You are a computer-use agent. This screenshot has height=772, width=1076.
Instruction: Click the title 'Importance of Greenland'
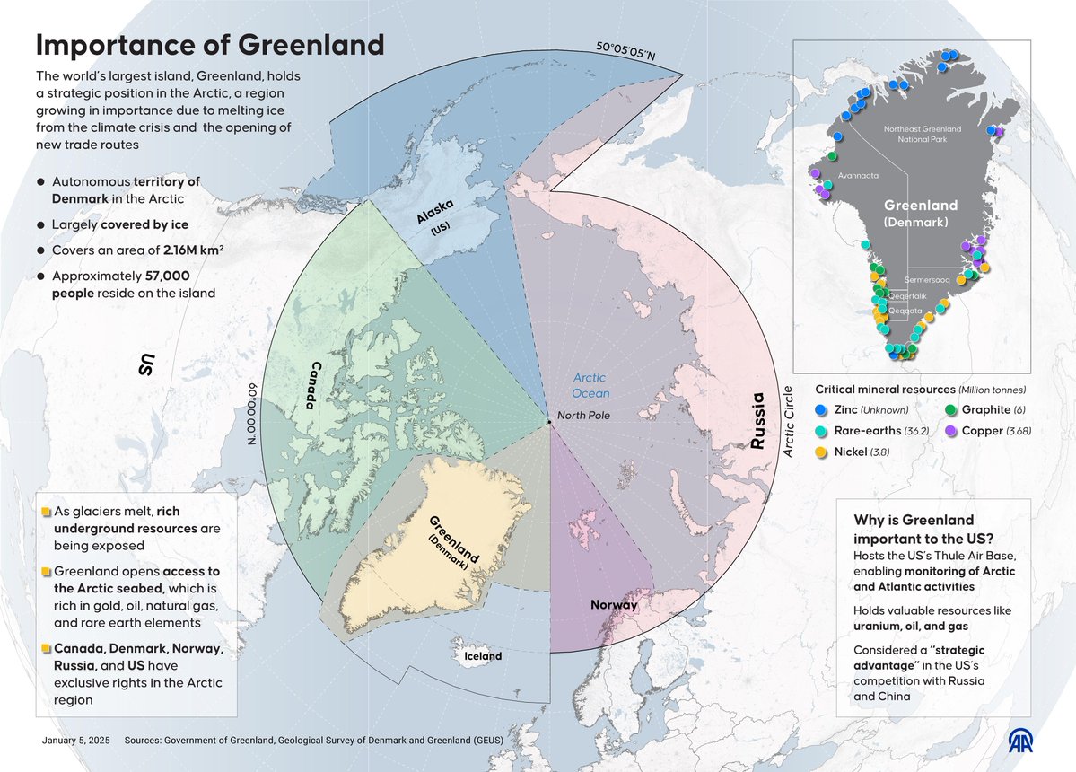click(209, 46)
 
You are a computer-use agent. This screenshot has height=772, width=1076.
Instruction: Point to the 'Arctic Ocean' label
click(591, 385)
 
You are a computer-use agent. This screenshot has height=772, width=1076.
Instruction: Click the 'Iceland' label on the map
click(482, 655)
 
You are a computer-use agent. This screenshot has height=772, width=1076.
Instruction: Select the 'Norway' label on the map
click(614, 604)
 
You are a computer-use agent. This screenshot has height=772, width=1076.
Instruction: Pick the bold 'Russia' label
click(758, 421)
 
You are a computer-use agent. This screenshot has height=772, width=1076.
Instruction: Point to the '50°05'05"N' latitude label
click(626, 52)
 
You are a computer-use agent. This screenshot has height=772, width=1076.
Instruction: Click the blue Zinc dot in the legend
click(820, 409)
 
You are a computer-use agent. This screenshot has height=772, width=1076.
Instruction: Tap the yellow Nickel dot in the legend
click(820, 452)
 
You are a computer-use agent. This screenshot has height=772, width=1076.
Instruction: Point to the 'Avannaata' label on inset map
click(859, 176)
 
